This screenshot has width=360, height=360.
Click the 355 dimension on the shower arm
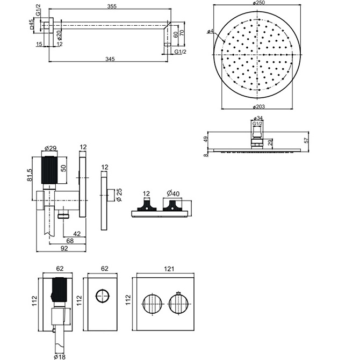[x=112, y=6]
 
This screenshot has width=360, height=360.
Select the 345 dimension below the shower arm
[x=110, y=59]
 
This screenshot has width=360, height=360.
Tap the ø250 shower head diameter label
[x=259, y=3]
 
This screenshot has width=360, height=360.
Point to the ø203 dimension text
[x=258, y=106]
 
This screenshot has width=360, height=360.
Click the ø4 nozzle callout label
[x=210, y=31]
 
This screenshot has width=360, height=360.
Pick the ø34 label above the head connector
[x=258, y=118]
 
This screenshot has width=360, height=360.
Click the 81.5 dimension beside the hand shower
[x=30, y=175]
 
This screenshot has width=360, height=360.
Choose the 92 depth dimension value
[x=64, y=248]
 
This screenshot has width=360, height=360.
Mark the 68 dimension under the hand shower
[x=70, y=241]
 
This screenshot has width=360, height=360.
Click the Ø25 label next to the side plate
[x=119, y=195]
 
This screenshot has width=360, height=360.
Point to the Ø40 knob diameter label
[x=173, y=193]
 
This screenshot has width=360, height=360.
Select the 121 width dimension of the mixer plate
[x=169, y=269]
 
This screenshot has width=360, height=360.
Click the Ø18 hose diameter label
[x=60, y=357]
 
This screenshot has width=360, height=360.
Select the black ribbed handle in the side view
[x=49, y=170]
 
